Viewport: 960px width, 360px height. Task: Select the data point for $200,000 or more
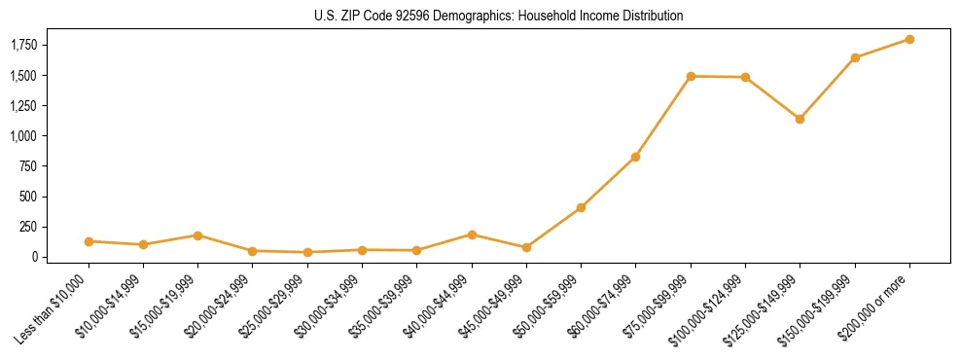click(x=909, y=39)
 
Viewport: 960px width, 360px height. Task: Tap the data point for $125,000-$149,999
click(x=800, y=119)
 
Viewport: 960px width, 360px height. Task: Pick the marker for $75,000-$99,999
click(x=691, y=76)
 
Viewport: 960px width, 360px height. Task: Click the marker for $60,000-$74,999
click(x=635, y=157)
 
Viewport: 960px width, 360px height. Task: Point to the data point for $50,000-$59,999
click(x=581, y=207)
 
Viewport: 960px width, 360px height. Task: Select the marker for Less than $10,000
click(x=89, y=241)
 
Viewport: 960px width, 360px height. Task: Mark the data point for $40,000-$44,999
click(x=472, y=234)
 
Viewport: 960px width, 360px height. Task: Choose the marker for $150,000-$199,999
click(x=855, y=57)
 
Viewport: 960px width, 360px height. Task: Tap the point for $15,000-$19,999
click(x=197, y=235)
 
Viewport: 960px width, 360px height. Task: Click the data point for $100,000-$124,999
click(x=745, y=77)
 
